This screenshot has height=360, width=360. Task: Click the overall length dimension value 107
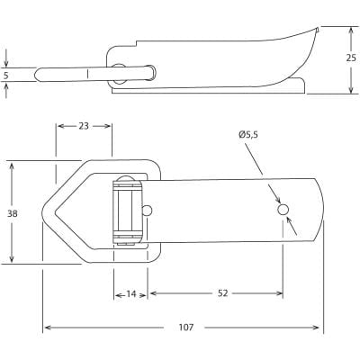(184, 327)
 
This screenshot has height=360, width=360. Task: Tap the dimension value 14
(131, 294)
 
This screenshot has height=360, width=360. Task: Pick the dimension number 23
(84, 127)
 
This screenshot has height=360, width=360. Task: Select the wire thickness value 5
(7, 76)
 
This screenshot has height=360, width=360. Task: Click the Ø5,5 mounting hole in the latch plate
(283, 210)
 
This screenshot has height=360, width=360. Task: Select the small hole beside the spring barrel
(148, 211)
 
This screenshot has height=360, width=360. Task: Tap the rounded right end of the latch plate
(319, 209)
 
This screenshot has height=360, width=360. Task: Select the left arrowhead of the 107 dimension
(47, 327)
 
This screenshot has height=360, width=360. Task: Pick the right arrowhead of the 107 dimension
(319, 327)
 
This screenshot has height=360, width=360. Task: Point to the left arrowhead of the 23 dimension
(59, 127)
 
